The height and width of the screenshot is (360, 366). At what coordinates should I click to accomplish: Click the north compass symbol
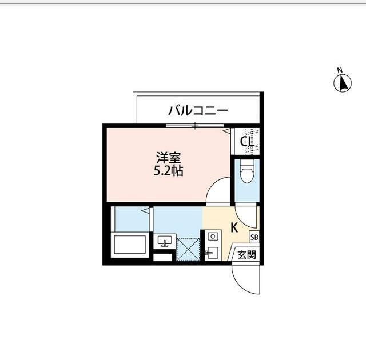pyautogui.click(x=342, y=83)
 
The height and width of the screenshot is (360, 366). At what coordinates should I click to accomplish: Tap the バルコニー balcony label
pyautogui.click(x=198, y=110)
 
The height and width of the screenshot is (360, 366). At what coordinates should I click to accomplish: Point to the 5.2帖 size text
pyautogui.click(x=168, y=170)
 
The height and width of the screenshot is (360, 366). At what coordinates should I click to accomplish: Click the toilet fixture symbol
pyautogui.click(x=246, y=173)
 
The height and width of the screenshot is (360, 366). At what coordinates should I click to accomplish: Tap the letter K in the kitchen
pyautogui.click(x=234, y=227)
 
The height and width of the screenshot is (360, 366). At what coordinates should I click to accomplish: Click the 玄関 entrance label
pyautogui.click(x=246, y=254)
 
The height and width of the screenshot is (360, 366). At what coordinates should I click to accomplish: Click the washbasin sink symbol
pyautogui.click(x=165, y=242)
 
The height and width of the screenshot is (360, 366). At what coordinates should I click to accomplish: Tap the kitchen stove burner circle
pyautogui.click(x=211, y=235)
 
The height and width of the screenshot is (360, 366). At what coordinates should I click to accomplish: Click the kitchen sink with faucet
pyautogui.click(x=211, y=253)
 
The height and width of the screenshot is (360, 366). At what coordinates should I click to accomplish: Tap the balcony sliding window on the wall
pyautogui.click(x=194, y=125)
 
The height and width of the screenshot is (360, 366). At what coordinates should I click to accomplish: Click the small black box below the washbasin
pyautogui.click(x=162, y=257)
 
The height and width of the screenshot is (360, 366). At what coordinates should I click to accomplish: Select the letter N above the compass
pyautogui.click(x=340, y=70)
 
